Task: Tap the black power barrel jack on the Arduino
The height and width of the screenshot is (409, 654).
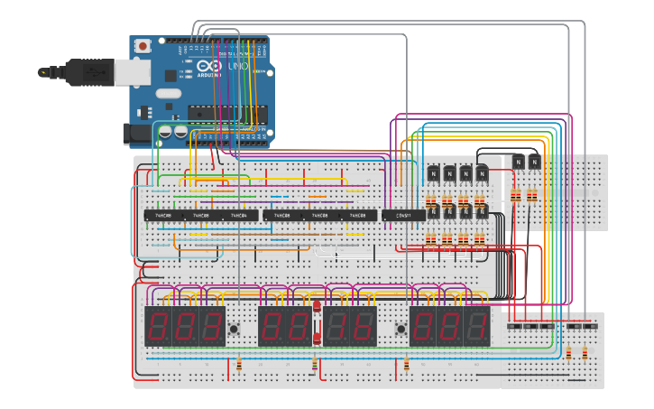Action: (135, 135)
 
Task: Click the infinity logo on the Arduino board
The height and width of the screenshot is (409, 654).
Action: (207, 68)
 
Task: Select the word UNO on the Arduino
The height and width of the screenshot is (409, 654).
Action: (237, 68)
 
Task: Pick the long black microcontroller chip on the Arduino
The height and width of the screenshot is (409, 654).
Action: (226, 112)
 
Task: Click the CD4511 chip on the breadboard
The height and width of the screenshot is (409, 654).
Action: (403, 216)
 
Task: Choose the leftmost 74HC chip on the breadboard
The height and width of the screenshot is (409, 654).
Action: (163, 216)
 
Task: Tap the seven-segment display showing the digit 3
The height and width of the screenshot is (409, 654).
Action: (212, 326)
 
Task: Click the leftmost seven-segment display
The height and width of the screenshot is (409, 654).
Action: (158, 326)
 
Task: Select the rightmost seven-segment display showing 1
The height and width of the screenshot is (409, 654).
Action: (477, 326)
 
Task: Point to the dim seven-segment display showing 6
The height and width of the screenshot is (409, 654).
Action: (363, 326)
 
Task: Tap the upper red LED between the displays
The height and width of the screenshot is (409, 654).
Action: (317, 310)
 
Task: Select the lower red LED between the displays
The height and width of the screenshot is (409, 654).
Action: (317, 338)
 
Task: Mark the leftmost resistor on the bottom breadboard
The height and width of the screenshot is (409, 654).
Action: (239, 365)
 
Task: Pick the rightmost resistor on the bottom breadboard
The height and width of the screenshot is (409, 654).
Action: (584, 353)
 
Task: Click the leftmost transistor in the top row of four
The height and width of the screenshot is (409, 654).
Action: (432, 172)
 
